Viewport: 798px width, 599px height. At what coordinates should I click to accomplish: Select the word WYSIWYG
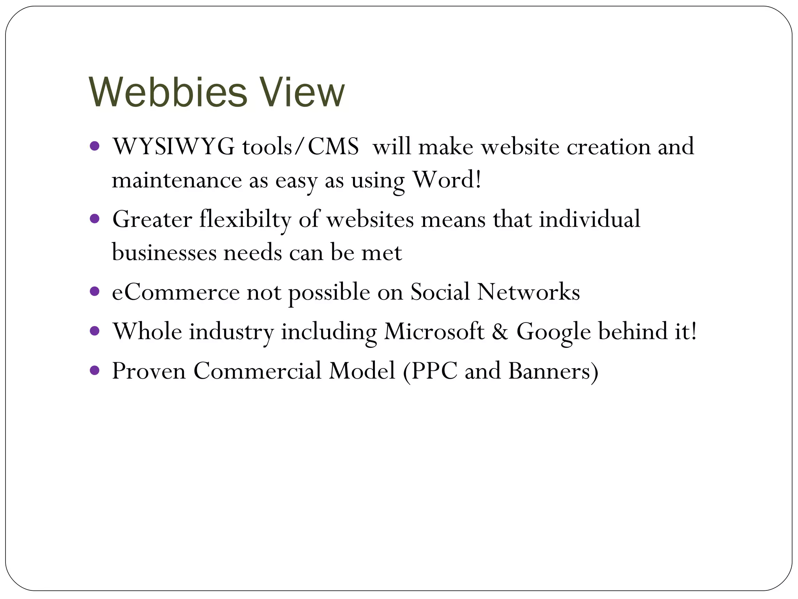(173, 147)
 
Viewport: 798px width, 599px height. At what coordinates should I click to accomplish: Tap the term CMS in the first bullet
(333, 147)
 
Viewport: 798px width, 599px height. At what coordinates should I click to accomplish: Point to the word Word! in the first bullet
(447, 180)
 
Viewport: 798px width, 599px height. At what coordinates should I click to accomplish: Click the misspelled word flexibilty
(245, 219)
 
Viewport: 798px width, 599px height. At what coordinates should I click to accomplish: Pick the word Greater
(152, 219)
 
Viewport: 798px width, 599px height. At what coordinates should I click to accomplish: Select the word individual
(590, 219)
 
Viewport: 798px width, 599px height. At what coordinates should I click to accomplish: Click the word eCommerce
(175, 292)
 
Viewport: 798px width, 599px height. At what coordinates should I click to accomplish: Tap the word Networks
(528, 292)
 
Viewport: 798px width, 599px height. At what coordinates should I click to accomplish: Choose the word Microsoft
(434, 331)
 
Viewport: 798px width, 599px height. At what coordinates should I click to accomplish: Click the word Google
(554, 332)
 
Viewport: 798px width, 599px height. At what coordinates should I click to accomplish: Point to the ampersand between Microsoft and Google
(500, 331)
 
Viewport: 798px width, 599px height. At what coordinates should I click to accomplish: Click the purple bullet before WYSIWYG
(95, 146)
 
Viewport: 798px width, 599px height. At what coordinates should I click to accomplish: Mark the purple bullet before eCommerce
(95, 291)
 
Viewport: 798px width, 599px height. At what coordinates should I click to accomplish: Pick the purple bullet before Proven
(95, 370)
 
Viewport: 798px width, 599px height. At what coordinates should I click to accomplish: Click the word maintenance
(177, 180)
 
